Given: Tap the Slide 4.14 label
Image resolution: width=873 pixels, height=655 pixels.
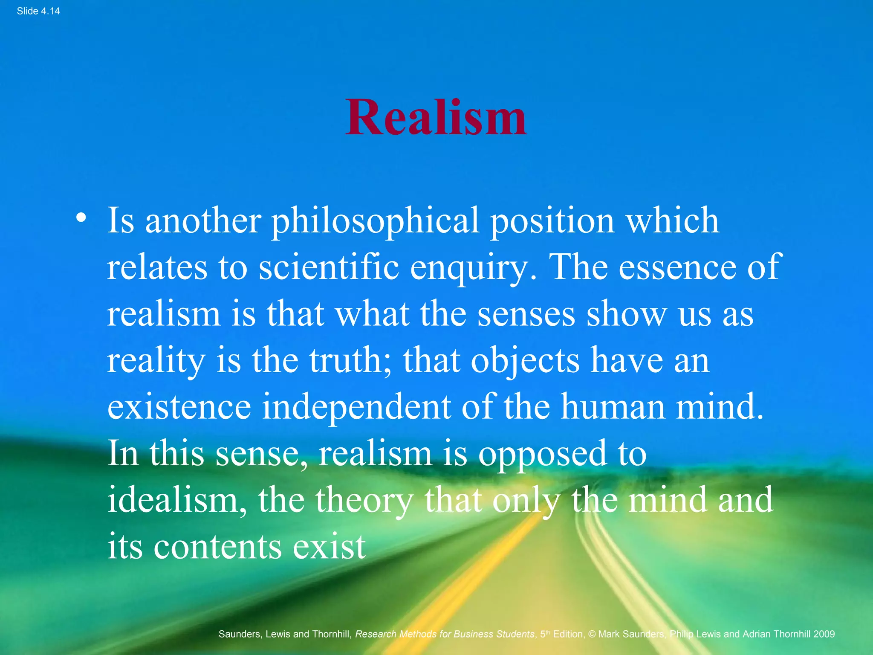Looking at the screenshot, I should (x=38, y=12).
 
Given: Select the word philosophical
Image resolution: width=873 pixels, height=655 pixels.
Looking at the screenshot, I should (x=375, y=222).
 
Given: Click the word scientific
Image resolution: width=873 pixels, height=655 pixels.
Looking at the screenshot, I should (x=329, y=268).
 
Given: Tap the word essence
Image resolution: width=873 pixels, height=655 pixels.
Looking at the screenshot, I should (x=677, y=268).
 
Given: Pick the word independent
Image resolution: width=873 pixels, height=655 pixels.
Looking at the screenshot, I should (x=356, y=407).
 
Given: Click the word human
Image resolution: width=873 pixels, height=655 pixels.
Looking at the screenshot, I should (x=613, y=407).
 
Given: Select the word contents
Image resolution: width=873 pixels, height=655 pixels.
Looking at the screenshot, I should (x=217, y=548).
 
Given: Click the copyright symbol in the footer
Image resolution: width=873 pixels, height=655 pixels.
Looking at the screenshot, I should (x=592, y=634).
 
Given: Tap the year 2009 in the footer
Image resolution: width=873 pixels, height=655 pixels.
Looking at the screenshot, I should (x=824, y=634).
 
